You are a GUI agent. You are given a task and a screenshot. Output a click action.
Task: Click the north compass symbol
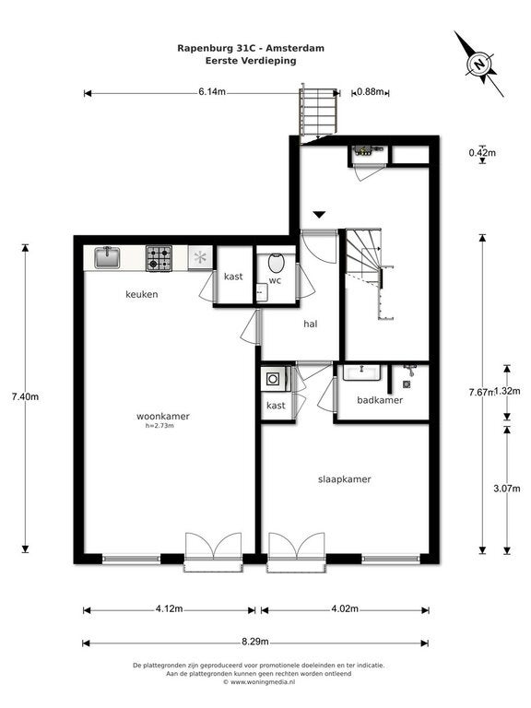tap(479, 64)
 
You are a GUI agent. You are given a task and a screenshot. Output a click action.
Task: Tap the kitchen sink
tap(106, 257)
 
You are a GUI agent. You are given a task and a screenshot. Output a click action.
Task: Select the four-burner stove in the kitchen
tap(159, 258)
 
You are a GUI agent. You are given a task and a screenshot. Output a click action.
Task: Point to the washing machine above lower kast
tap(274, 378)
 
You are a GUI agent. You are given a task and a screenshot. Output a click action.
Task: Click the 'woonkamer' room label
tap(162, 416)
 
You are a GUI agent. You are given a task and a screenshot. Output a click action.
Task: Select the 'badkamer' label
tap(380, 400)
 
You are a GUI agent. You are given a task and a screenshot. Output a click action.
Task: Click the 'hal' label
tap(311, 324)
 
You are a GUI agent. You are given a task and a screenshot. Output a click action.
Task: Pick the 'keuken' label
tap(142, 295)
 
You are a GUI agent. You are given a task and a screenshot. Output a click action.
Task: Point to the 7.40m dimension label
tap(25, 396)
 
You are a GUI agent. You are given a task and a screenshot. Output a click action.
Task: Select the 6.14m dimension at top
tap(212, 92)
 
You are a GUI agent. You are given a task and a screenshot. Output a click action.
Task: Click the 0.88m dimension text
tap(370, 92)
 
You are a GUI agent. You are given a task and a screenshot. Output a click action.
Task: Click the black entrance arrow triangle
tap(319, 214)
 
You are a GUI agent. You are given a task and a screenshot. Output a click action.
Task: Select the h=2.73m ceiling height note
tap(159, 426)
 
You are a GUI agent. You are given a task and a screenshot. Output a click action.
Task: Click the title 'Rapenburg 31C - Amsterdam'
tap(250, 47)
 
